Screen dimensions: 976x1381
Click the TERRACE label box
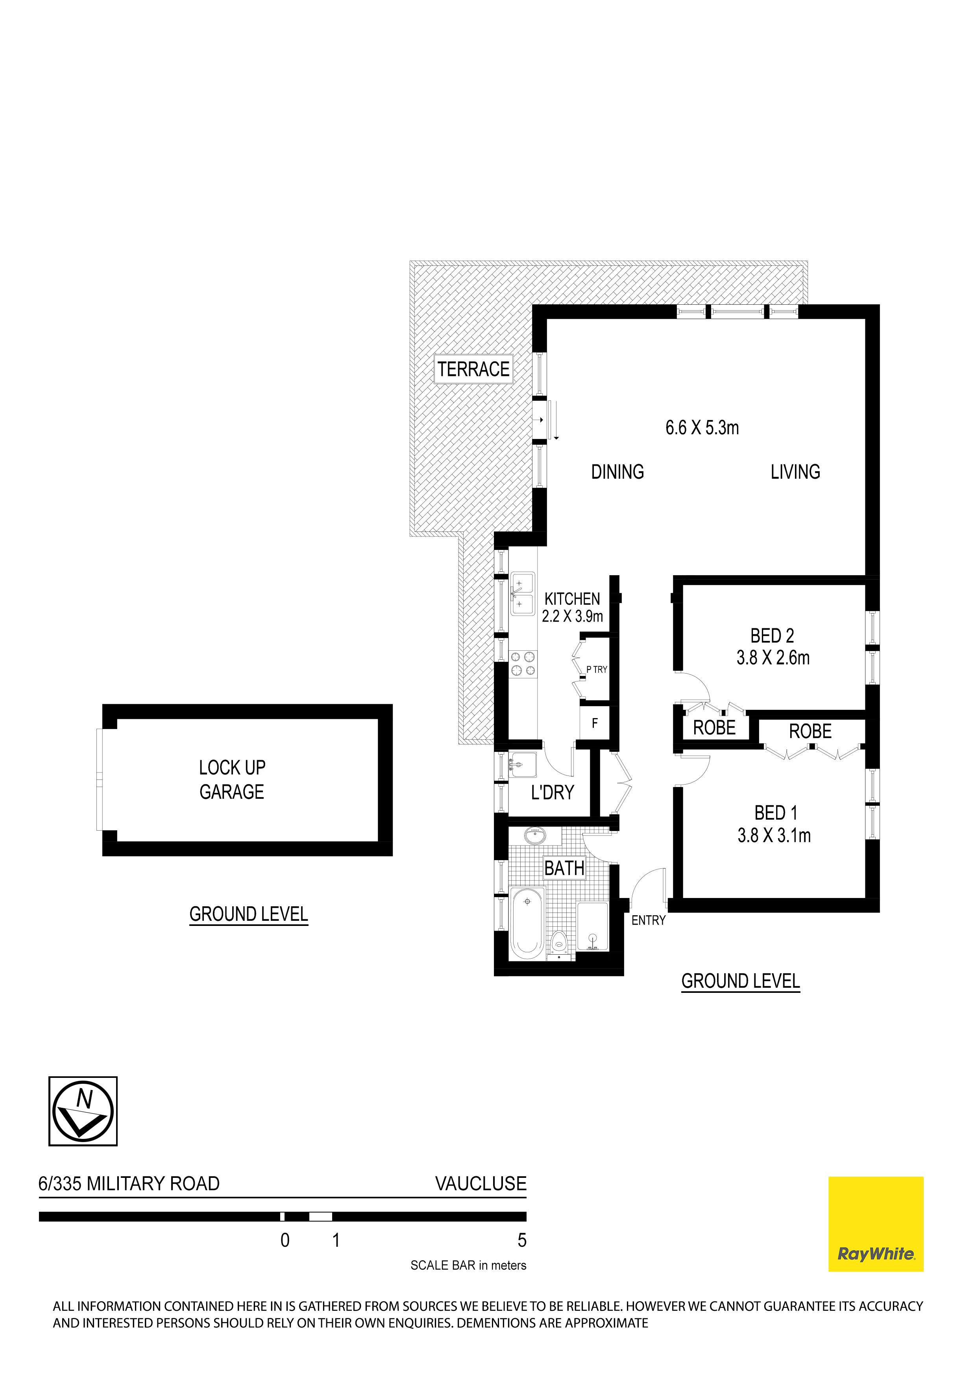(473, 369)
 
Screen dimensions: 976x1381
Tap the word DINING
(617, 472)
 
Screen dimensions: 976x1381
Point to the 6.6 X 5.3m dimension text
(702, 428)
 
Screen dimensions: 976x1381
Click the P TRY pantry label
(597, 670)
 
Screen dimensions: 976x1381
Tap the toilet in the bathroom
(559, 945)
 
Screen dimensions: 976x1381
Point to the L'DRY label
(552, 793)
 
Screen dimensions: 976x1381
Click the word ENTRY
(648, 920)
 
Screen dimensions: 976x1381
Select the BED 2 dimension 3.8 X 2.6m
(773, 658)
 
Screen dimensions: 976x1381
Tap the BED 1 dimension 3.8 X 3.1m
(774, 835)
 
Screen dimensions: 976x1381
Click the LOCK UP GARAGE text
(232, 779)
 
